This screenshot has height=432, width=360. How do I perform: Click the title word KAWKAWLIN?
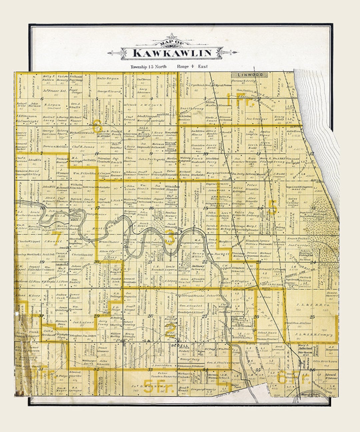click(x=172, y=53)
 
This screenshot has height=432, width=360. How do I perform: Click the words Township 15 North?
click(x=148, y=67)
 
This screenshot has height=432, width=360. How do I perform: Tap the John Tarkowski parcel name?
click(x=149, y=159)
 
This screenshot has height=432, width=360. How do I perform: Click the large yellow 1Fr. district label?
click(x=240, y=100)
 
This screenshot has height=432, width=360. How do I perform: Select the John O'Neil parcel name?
click(x=213, y=295)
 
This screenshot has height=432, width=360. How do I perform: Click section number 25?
click(x=312, y=317)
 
